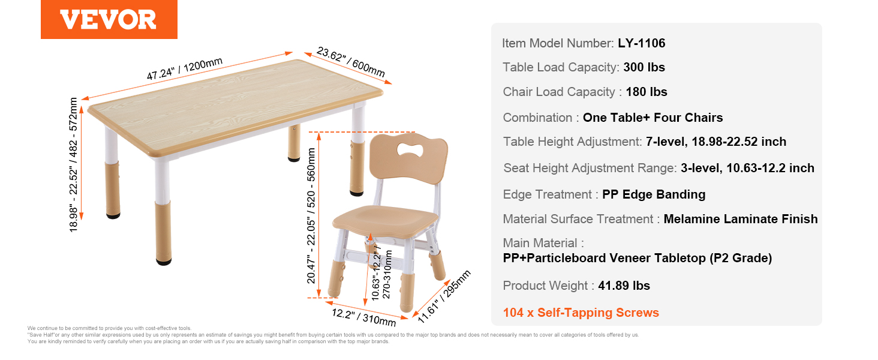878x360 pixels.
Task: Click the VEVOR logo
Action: click(x=109, y=19)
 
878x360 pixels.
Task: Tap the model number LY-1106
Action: click(x=641, y=43)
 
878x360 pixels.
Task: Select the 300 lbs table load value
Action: click(x=644, y=67)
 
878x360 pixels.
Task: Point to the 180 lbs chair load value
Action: click(x=647, y=92)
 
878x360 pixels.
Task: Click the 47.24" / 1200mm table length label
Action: click(x=185, y=68)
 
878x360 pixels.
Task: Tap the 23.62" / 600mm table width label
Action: click(x=351, y=62)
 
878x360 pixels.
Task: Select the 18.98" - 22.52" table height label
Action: click(x=73, y=165)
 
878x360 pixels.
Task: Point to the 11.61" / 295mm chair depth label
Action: click(x=444, y=296)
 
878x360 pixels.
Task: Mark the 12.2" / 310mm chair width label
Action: click(x=364, y=317)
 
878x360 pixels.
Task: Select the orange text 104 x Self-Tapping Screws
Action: click(x=581, y=313)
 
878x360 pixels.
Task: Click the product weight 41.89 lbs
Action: click(x=624, y=286)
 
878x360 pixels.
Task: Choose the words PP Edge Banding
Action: click(x=654, y=194)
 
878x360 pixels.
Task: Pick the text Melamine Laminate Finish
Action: click(x=741, y=219)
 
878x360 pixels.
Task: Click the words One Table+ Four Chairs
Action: click(x=653, y=118)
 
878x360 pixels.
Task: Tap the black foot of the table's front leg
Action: click(x=164, y=262)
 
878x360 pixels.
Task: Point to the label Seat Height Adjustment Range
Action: click(x=590, y=168)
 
